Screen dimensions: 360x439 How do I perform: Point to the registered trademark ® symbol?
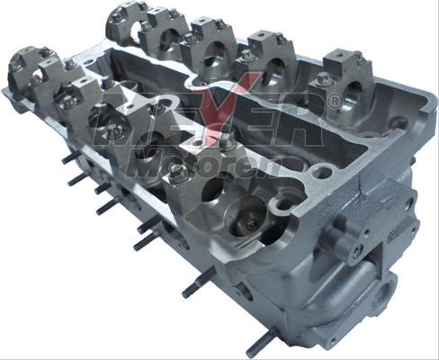[x=334, y=102]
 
